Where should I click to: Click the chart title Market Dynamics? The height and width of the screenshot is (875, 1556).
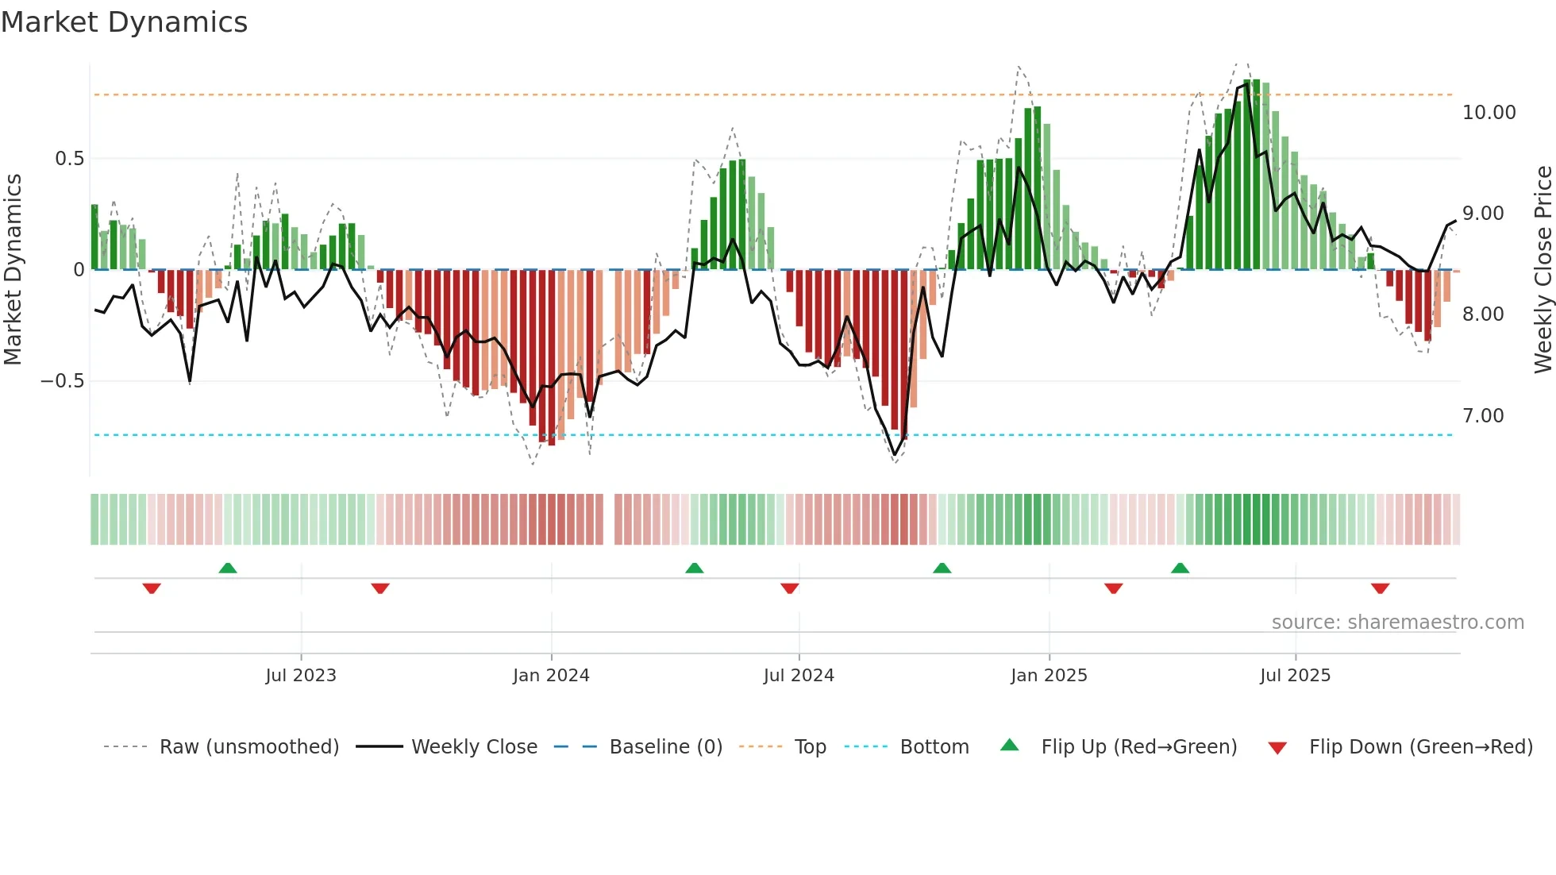(124, 22)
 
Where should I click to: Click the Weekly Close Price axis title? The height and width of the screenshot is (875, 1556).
(1543, 269)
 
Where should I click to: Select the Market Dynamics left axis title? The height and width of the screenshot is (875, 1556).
(13, 269)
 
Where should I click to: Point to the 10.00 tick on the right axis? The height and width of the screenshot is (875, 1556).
(1489, 113)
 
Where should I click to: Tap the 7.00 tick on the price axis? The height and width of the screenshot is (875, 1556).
(1482, 416)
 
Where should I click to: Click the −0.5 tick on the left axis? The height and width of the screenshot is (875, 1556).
(62, 381)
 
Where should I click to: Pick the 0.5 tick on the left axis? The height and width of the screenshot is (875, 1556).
(69, 159)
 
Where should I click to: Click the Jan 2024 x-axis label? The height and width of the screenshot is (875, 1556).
(551, 676)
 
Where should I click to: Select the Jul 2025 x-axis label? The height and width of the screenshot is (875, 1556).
(1295, 676)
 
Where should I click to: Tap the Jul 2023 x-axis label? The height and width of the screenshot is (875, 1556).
(301, 676)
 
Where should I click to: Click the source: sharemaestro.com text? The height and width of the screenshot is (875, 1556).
(1397, 623)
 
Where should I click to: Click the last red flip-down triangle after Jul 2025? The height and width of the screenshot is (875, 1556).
(1380, 588)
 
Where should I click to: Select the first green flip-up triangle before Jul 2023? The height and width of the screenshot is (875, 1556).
(228, 568)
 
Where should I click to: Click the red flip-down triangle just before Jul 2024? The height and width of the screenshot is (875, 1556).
(789, 588)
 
